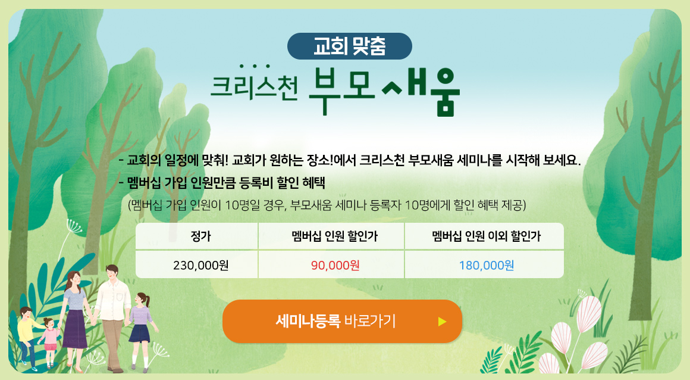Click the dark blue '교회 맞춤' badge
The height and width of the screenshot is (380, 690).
click(349, 46)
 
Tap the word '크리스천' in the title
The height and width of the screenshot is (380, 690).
click(254, 87)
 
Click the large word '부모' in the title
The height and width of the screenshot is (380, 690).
click(341, 91)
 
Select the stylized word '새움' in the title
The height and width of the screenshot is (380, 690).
click(421, 91)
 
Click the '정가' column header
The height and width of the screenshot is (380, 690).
click(200, 236)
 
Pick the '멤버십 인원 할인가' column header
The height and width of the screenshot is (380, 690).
click(334, 236)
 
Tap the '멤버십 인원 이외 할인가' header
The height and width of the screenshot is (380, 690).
click(486, 236)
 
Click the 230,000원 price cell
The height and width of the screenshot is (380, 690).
click(200, 266)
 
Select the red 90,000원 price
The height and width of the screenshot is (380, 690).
click(335, 266)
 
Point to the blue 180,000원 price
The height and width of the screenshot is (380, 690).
click(486, 266)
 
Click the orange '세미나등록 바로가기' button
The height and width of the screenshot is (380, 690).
click(343, 321)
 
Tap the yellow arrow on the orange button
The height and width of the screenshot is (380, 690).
click(442, 322)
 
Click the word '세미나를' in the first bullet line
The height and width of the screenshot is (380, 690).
click(479, 160)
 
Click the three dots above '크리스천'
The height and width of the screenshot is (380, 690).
click(255, 67)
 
